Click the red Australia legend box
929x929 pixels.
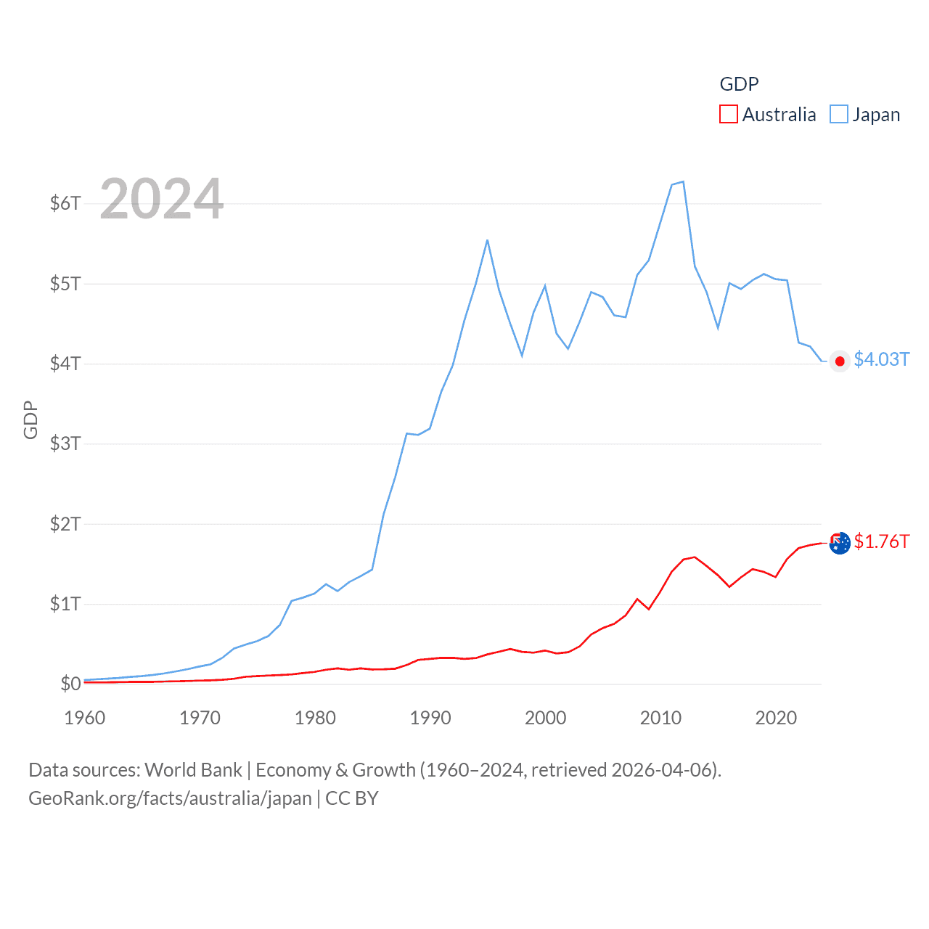[x=729, y=114]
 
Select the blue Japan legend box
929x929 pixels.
[x=839, y=114]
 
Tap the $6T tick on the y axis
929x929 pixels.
[x=65, y=203]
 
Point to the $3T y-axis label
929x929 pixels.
[x=65, y=443]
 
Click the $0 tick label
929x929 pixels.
[x=70, y=684]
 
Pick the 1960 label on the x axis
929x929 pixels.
[x=85, y=718]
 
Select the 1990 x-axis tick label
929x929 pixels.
[x=430, y=718]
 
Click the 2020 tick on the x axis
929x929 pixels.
[x=776, y=718]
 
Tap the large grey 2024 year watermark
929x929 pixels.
[x=162, y=199]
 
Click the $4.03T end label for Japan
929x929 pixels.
[x=881, y=359]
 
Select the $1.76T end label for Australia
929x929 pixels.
[x=881, y=541]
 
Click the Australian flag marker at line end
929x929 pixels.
[x=840, y=543]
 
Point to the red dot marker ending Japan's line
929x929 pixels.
[x=840, y=361]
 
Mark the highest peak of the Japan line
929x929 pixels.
[x=683, y=181]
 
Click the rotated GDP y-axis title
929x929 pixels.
[x=30, y=420]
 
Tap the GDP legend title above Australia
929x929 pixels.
[x=739, y=84]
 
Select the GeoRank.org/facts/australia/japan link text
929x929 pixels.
[x=170, y=798]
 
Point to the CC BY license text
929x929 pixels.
[x=352, y=798]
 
